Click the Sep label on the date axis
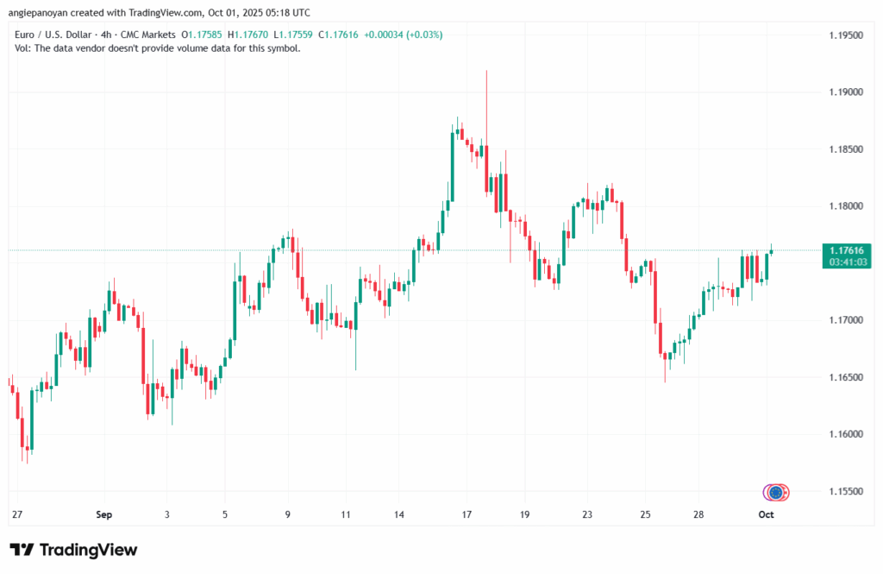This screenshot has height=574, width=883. click(104, 514)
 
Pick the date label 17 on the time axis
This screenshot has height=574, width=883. click(467, 514)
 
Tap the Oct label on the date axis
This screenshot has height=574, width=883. click(766, 514)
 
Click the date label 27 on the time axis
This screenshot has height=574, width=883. click(16, 514)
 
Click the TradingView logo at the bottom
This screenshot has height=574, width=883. click(73, 550)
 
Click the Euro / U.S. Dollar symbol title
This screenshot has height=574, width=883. click(53, 35)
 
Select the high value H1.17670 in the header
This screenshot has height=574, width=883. click(247, 35)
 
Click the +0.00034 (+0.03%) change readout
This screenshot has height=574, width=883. click(405, 35)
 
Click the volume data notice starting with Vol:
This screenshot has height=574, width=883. click(158, 48)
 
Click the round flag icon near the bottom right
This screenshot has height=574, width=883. click(776, 492)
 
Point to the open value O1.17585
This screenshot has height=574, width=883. click(201, 35)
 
